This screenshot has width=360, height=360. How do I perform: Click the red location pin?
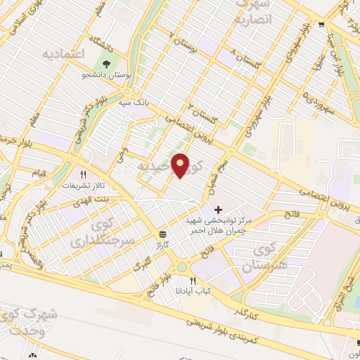pos(181,165)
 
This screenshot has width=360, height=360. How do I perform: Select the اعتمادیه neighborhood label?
pos(63,53)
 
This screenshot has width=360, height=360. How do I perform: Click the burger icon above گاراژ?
pos(163,234)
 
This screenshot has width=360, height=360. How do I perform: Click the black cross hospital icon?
pos(217,210)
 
